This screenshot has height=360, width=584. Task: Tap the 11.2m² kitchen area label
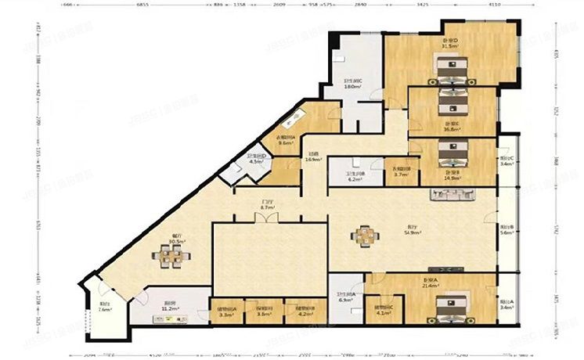[168, 308]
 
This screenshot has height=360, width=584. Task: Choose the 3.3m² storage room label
[227, 311]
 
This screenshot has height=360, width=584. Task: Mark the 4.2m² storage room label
[305, 311]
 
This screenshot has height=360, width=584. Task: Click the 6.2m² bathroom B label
[353, 178]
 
